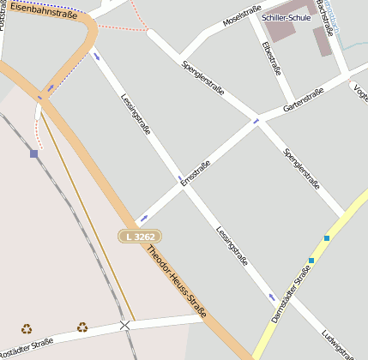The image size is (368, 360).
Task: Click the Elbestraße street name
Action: tap(271, 58)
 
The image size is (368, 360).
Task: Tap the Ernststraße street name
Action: tap(196, 172)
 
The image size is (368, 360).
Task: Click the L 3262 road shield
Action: tap(140, 236)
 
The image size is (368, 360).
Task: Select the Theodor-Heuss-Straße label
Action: tap(177, 282)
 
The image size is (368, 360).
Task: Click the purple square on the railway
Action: tap(33, 153)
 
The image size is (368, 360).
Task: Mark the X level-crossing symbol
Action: tap(125, 325)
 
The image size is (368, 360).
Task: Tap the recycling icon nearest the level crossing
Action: tap(81, 327)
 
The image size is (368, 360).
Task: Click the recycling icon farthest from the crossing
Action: tap(27, 328)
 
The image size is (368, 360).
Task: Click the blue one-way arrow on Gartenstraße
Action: tap(256, 122)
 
